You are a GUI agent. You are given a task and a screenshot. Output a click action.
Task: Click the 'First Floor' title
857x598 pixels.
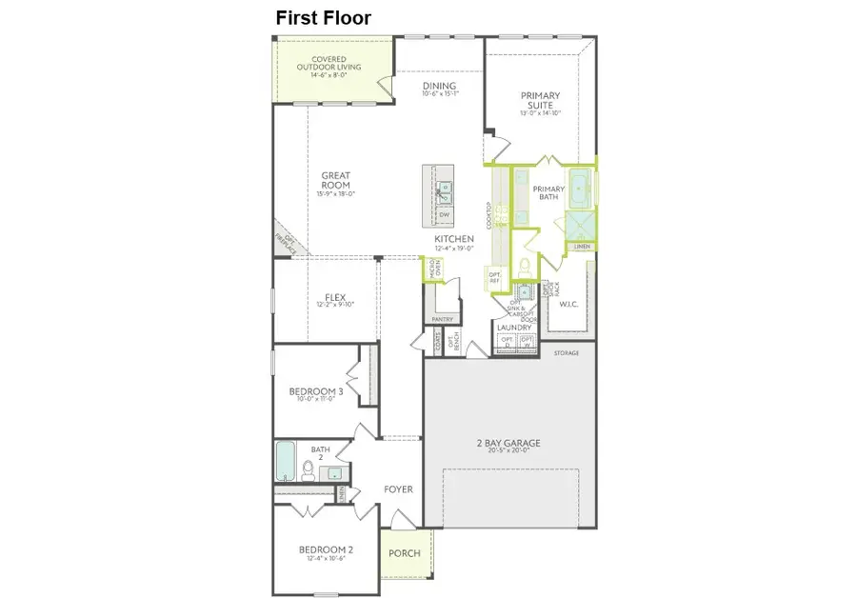(323, 17)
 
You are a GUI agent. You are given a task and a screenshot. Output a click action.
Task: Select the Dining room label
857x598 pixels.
(440, 87)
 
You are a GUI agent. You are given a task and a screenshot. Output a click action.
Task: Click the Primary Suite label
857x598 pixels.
(540, 100)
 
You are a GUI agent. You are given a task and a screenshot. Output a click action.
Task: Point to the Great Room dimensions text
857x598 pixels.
(335, 194)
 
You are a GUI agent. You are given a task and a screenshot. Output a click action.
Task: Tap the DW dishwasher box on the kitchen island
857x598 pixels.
(444, 215)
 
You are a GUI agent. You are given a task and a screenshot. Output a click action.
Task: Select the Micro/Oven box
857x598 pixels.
(434, 270)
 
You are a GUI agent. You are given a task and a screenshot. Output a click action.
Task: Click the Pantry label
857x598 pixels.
(441, 319)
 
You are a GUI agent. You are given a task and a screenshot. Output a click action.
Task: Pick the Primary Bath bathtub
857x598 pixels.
(581, 185)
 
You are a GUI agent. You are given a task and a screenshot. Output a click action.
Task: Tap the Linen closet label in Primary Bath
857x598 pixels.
(582, 247)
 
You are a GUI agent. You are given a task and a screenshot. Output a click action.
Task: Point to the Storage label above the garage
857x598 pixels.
(567, 353)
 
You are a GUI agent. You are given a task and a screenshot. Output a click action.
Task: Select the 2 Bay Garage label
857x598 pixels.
(508, 444)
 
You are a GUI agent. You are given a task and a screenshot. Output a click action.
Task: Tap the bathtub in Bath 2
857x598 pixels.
(285, 461)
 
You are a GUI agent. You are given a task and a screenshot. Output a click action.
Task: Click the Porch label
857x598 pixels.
(404, 553)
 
